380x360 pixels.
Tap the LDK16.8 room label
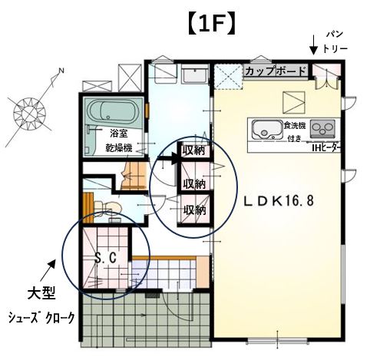[x=279, y=201]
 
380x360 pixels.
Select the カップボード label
[x=276, y=71]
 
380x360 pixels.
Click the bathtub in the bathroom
[x=113, y=112]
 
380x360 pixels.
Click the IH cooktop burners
[x=322, y=128]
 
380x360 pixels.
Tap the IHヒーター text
[x=326, y=148]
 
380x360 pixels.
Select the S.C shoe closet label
[x=106, y=258]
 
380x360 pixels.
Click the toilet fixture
[x=107, y=206]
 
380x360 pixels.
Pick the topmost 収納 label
[x=193, y=150]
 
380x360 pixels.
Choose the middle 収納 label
[x=194, y=183]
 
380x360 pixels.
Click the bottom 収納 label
[x=195, y=210]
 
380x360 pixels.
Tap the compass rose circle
[x=29, y=113]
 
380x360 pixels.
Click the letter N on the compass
[x=61, y=71]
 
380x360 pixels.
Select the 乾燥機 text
[x=119, y=148]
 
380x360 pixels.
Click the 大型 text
[x=41, y=293]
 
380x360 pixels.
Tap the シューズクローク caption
[x=41, y=318]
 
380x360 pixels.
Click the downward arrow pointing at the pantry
[x=313, y=45]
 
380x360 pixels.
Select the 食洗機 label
[x=295, y=126]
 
